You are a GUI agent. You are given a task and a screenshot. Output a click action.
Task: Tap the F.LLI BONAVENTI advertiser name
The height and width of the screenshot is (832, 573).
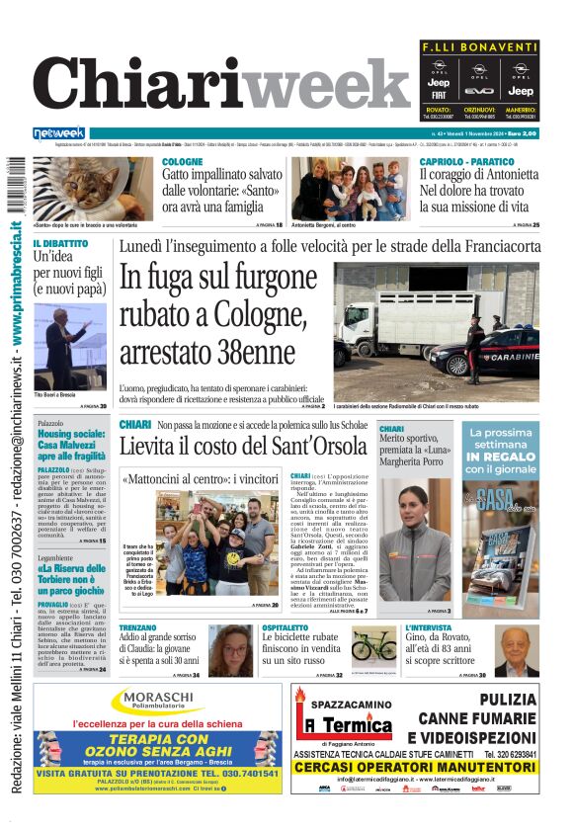(479, 47)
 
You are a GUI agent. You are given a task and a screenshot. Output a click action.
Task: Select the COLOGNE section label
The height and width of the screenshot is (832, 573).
(183, 161)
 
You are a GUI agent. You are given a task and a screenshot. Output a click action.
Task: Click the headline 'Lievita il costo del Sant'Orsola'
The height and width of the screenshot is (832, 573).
(243, 447)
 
